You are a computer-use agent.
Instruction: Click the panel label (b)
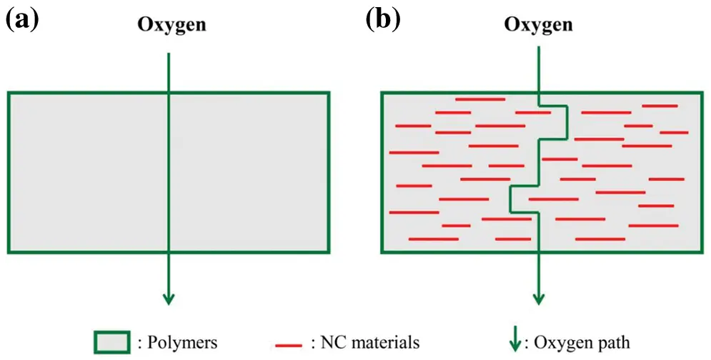pos(383,21)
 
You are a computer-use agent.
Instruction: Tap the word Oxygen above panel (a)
pos(172,26)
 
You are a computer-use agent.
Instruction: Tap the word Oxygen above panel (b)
pos(538,26)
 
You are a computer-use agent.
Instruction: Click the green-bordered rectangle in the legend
pos(112,342)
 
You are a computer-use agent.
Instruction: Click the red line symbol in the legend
pos(289,346)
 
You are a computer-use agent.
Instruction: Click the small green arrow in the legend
pos(514,342)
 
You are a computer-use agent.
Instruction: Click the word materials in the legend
pos(383,343)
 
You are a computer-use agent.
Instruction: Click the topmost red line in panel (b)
pos(480,99)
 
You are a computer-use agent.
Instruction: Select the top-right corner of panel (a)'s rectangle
pos(329,93)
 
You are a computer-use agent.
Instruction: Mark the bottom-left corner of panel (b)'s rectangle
pos(382,251)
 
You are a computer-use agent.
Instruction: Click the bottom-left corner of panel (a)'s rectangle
pos(9,251)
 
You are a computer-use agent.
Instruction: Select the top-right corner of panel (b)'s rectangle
pos(702,93)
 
